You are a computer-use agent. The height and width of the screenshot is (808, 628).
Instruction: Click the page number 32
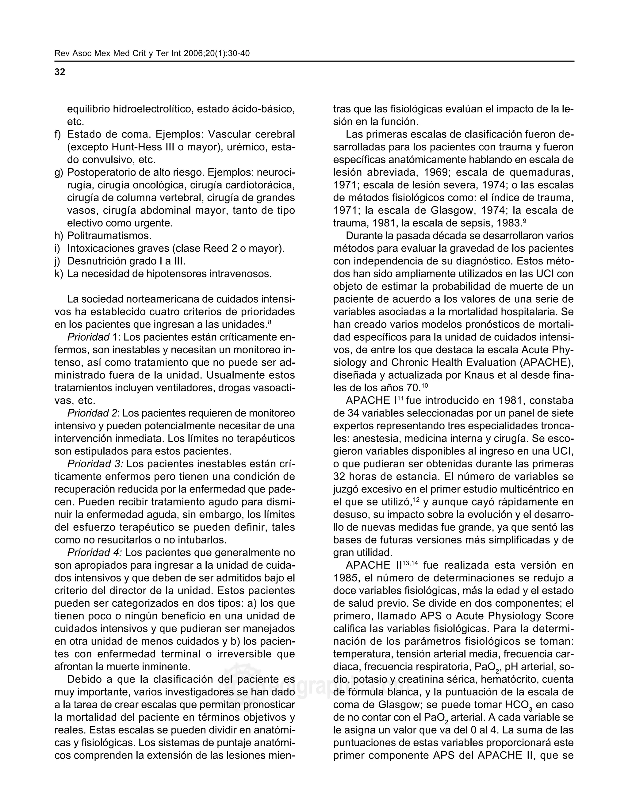click(x=59, y=72)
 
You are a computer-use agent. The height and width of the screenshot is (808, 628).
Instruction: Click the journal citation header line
click(x=152, y=54)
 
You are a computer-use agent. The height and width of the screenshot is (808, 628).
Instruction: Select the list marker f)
click(x=58, y=135)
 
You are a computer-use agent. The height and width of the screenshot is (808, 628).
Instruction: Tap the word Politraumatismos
click(x=109, y=236)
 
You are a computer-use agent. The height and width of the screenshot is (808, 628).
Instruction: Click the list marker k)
click(x=58, y=274)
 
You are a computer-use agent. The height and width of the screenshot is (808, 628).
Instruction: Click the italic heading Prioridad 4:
click(x=94, y=553)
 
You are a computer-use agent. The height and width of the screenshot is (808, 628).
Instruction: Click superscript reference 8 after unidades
click(x=270, y=322)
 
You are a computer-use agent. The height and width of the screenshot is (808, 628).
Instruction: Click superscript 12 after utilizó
click(x=416, y=500)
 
